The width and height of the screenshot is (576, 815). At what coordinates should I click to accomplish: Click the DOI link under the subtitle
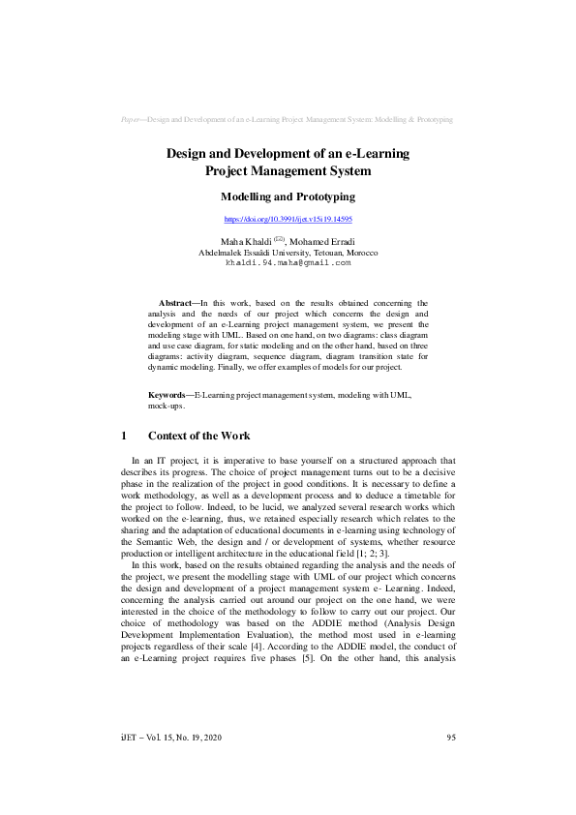[288, 220]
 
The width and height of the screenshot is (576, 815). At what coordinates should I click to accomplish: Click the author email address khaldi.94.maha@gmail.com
[288, 262]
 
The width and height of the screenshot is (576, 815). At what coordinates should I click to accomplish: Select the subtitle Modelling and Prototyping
[288, 196]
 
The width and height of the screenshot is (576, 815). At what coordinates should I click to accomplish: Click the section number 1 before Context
[120, 436]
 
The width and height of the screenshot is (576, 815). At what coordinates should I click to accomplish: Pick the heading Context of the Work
[198, 436]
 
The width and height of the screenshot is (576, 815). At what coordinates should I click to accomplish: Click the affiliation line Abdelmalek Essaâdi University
[288, 252]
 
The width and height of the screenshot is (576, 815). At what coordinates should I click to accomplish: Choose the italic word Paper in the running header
[130, 119]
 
